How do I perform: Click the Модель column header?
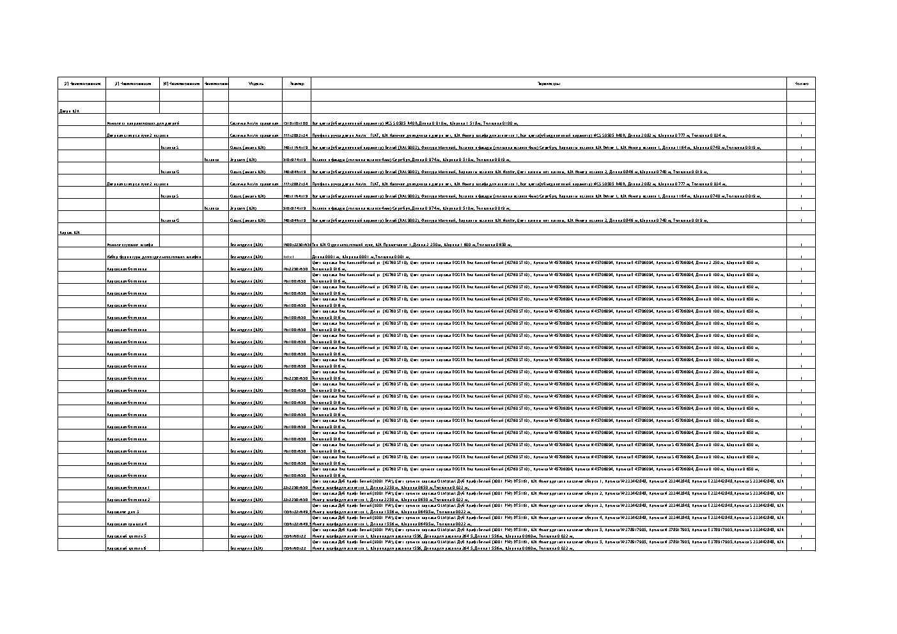pos(256,84)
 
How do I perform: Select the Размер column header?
pos(297,84)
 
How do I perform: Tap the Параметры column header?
pos(549,84)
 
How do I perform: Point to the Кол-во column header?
pos(801,84)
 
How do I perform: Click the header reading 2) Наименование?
pos(82,84)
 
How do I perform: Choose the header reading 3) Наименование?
pos(132,84)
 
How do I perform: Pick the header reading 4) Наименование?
pos(181,84)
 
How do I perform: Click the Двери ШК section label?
pos(69,111)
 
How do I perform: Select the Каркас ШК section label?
pos(70,233)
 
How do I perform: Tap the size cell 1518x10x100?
pos(296,123)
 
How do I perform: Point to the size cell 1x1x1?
pos(288,257)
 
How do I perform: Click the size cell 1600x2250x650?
pos(297,245)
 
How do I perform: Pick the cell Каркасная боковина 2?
pos(129,500)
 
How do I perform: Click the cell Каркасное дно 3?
pos(123,512)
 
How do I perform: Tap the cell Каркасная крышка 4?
pos(127,524)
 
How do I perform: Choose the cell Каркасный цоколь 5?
pos(127,536)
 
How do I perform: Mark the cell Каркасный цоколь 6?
pos(127,548)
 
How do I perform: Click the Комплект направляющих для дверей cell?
pos(143,123)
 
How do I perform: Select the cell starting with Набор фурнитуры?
pos(153,257)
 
